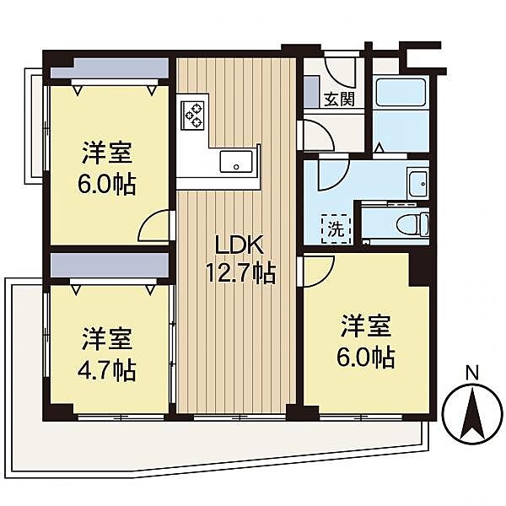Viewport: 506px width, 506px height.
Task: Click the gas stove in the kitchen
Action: click(192, 114)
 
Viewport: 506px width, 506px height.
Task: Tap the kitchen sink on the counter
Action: click(233, 160)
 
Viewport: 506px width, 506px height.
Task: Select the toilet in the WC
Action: click(416, 224)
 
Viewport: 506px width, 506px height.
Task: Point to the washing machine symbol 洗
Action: click(334, 228)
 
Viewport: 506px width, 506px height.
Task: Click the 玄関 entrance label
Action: click(339, 98)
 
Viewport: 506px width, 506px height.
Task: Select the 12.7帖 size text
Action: click(241, 273)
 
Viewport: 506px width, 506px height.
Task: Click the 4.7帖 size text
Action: click(109, 369)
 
